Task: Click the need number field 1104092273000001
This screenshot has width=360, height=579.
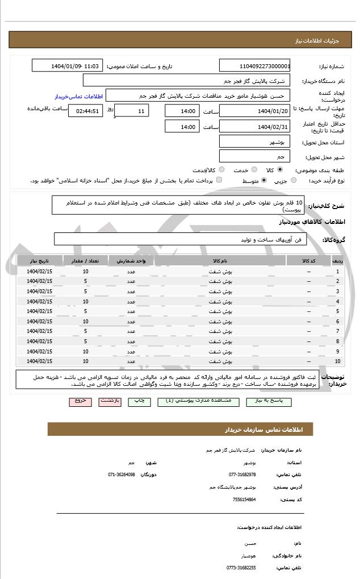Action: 254,66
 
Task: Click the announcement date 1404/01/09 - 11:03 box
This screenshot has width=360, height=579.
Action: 68,66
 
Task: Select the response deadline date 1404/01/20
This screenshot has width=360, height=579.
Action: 254,111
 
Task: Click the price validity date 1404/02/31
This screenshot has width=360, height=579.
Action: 254,127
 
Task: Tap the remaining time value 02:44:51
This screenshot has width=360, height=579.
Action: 85,111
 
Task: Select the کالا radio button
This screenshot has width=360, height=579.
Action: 280,169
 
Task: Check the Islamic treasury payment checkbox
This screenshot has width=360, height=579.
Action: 217,180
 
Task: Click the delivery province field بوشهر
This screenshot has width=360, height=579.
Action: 254,141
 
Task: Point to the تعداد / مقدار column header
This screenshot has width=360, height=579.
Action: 85,261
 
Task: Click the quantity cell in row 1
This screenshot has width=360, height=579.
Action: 85,272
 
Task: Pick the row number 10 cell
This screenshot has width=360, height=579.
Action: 338,361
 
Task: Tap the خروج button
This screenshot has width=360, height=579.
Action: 80,401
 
